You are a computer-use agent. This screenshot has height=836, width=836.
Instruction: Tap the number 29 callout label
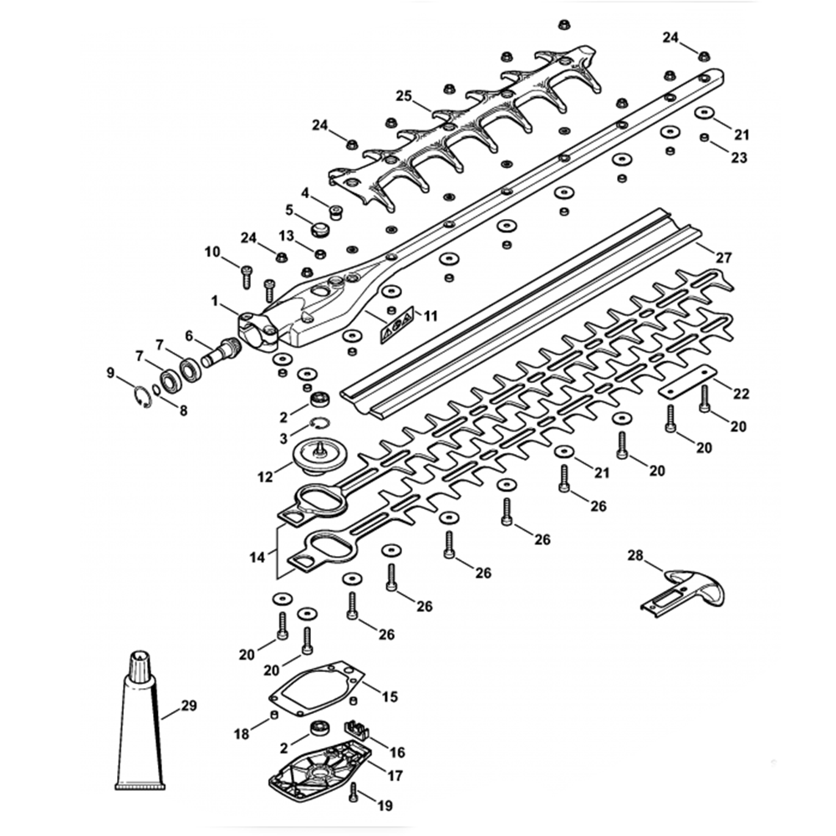click(x=189, y=706)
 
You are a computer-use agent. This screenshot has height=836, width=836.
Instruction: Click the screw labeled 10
click(x=246, y=273)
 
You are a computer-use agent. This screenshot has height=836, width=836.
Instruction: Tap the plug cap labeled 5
click(x=319, y=229)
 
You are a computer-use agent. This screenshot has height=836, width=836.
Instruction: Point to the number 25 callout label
click(x=403, y=97)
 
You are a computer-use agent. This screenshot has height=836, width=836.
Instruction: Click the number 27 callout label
click(x=724, y=258)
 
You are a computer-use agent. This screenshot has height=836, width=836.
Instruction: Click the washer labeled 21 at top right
click(x=704, y=113)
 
